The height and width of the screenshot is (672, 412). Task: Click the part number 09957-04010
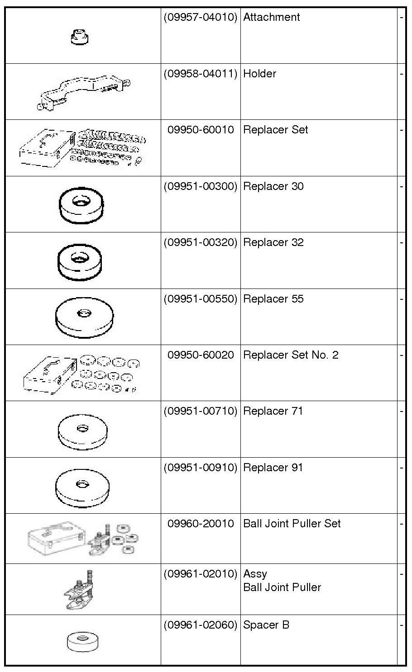[x=200, y=17]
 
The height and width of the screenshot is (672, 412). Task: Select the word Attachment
[x=271, y=17]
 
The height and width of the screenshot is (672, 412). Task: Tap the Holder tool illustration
[x=84, y=93]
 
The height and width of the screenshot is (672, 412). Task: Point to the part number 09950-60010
[x=201, y=130]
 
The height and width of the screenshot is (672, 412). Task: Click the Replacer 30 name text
[x=273, y=186]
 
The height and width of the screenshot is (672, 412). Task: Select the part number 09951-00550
[x=200, y=299]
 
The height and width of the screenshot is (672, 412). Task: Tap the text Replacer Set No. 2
[x=291, y=355]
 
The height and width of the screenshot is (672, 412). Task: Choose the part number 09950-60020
[x=201, y=355]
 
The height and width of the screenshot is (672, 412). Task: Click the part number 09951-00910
[x=200, y=467]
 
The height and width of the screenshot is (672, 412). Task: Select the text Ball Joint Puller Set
[x=292, y=524]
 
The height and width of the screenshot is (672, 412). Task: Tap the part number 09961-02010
[x=200, y=574]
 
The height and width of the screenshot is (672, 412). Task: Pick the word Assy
[x=255, y=574]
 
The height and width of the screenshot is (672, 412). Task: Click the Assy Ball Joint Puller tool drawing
[x=81, y=590]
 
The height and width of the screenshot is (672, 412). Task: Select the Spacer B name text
[x=266, y=625]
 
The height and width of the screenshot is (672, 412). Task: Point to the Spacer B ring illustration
[x=82, y=641]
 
